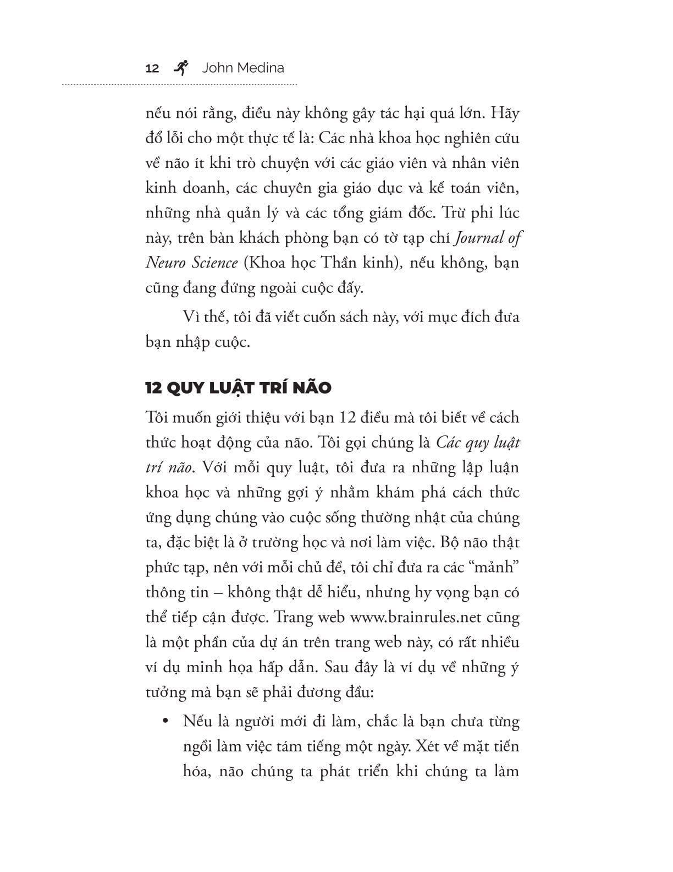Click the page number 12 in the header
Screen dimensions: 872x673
152,69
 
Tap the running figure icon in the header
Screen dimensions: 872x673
180,67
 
